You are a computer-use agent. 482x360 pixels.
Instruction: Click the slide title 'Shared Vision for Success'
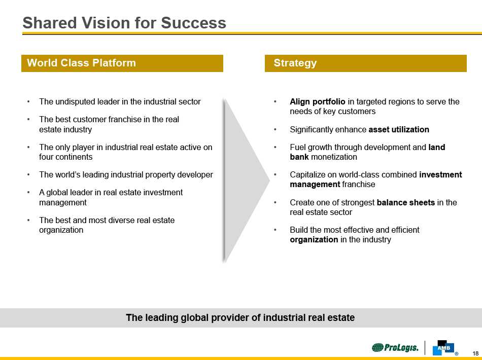(124, 23)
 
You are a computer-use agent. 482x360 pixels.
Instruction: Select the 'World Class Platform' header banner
(122, 63)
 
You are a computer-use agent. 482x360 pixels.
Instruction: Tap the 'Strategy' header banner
(365, 63)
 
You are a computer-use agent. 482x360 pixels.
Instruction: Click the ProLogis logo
(395, 347)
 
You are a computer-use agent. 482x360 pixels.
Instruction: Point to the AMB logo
(443, 347)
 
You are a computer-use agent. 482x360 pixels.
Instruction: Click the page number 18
(475, 353)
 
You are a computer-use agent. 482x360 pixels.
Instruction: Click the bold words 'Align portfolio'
(318, 101)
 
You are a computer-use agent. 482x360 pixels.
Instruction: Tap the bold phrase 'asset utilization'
(399, 129)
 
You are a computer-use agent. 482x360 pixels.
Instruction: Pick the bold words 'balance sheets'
(406, 202)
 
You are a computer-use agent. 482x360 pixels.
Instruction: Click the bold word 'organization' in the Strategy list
(314, 239)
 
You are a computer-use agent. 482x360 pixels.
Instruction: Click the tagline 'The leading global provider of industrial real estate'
(240, 318)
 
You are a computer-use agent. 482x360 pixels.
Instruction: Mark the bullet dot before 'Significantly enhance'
(275, 129)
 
